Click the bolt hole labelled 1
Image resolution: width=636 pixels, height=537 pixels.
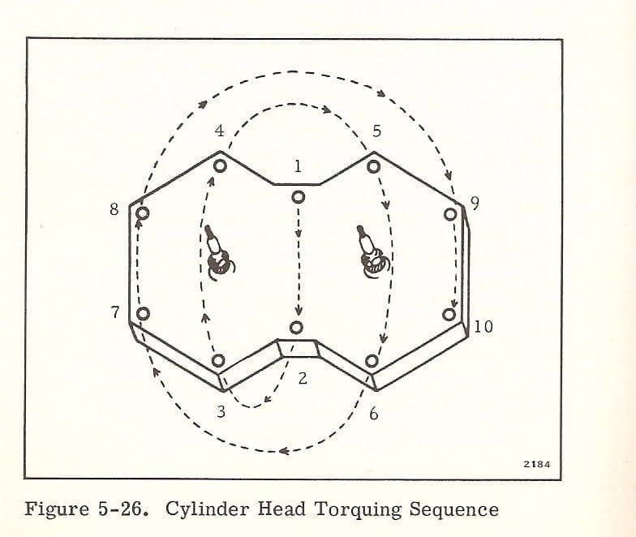(299, 198)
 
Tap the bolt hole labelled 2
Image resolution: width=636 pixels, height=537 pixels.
(297, 328)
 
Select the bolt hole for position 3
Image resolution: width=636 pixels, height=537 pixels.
(218, 360)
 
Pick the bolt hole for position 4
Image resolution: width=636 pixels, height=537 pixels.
(220, 165)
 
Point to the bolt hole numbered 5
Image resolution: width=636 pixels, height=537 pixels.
(373, 167)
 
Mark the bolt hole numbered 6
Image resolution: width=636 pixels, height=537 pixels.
(372, 360)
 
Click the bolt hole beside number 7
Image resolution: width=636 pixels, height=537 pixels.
(143, 313)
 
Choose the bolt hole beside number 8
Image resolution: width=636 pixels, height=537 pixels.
(143, 213)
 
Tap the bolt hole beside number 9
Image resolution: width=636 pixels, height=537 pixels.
(450, 214)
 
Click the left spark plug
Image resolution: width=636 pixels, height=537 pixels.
(218, 253)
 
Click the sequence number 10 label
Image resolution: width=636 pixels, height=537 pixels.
(483, 326)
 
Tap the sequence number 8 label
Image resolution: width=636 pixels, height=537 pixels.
(114, 209)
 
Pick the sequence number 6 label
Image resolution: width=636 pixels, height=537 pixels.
(373, 414)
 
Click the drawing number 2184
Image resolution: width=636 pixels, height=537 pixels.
(537, 464)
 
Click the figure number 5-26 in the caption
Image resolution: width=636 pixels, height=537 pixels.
(122, 509)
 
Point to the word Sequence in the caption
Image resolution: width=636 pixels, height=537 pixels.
(453, 510)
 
